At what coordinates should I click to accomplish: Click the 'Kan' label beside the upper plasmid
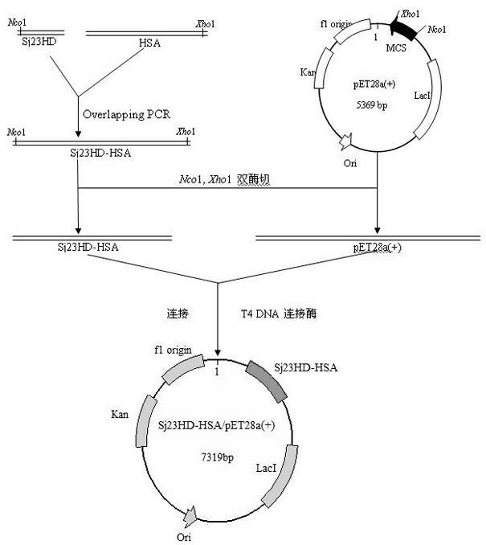tap(308, 72)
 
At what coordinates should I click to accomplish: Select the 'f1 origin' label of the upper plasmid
tap(337, 25)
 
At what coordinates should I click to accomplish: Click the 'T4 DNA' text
tap(261, 313)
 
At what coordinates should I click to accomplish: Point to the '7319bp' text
tap(218, 456)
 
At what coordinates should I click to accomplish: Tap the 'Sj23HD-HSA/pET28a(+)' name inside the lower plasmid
tap(218, 426)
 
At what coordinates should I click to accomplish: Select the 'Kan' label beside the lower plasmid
tap(120, 415)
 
